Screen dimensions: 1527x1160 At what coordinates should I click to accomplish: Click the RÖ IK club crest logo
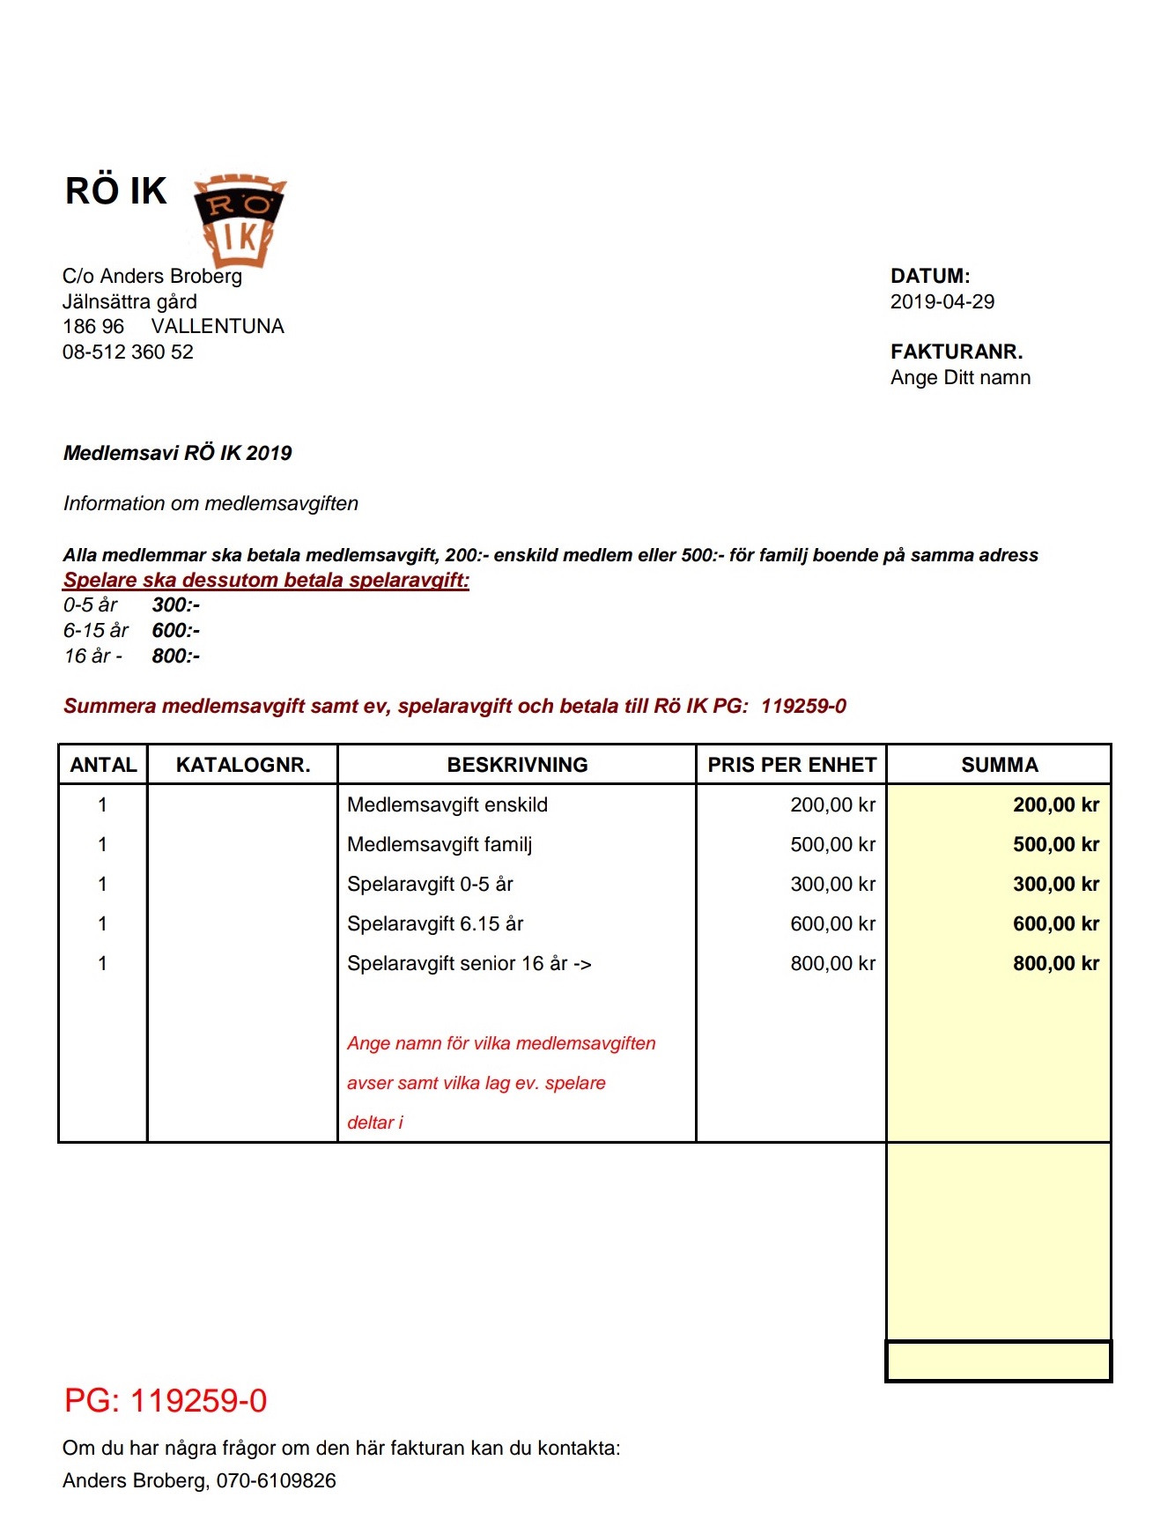pos(240,219)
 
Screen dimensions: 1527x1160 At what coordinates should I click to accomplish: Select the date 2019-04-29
pos(942,302)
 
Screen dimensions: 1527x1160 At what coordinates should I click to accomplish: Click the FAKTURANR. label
pos(956,352)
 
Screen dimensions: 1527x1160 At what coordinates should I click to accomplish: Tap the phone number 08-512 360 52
pos(128,352)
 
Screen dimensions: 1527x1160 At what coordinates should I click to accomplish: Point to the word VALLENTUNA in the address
pos(218,327)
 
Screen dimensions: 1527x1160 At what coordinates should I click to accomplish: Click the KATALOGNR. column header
pos(243,765)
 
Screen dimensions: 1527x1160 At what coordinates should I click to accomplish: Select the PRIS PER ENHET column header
pos(791,765)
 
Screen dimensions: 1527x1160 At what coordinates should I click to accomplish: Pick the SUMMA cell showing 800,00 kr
pos(1055,964)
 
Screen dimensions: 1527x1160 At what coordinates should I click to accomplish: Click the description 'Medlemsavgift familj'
pos(440,845)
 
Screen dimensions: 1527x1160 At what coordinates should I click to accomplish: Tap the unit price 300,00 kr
pos(832,885)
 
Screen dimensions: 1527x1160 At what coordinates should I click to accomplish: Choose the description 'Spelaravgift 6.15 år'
pos(435,924)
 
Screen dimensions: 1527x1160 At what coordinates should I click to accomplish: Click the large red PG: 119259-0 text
pos(166,1401)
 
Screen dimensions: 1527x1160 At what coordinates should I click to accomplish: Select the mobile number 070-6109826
pos(276,1481)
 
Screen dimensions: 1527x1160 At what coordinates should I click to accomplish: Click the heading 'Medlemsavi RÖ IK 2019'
pos(177,454)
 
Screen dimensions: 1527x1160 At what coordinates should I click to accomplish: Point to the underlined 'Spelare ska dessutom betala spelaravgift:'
pos(266,581)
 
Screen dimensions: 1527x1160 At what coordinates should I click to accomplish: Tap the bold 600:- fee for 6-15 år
pos(175,631)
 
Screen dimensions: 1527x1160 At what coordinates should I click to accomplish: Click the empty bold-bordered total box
pos(998,1361)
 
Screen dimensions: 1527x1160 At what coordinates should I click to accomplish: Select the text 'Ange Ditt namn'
pos(960,378)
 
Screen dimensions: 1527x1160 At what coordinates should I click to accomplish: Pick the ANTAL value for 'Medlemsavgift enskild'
pos(102,805)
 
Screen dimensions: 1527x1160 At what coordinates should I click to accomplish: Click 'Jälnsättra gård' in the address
pos(129,302)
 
